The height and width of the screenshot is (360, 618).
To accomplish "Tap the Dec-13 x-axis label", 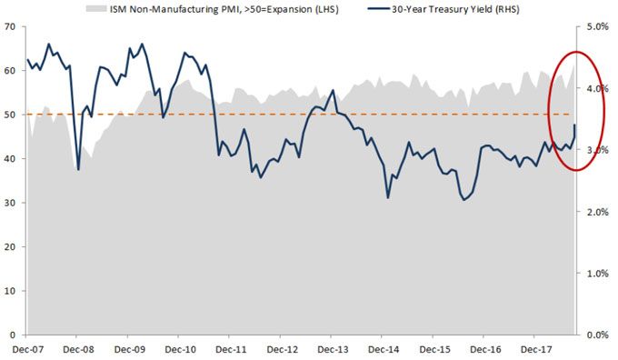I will pyautogui.click(x=339, y=347).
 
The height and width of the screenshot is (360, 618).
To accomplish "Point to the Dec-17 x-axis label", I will pyautogui.click(x=546, y=347).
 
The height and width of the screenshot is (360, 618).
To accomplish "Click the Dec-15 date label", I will pyautogui.click(x=443, y=347).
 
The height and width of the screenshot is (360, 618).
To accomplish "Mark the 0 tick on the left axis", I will pyautogui.click(x=12, y=335).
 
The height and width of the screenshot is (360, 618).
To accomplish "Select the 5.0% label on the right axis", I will pyautogui.click(x=596, y=27).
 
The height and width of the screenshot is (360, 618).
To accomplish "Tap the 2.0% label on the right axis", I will pyautogui.click(x=596, y=212).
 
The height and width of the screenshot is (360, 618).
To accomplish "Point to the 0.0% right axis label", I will pyautogui.click(x=596, y=335).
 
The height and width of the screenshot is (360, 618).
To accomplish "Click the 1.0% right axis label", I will pyautogui.click(x=596, y=273).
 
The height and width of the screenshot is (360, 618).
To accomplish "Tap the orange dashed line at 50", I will pyautogui.click(x=273, y=115).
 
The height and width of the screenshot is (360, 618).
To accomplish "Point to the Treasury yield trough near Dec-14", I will pyautogui.click(x=388, y=197).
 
